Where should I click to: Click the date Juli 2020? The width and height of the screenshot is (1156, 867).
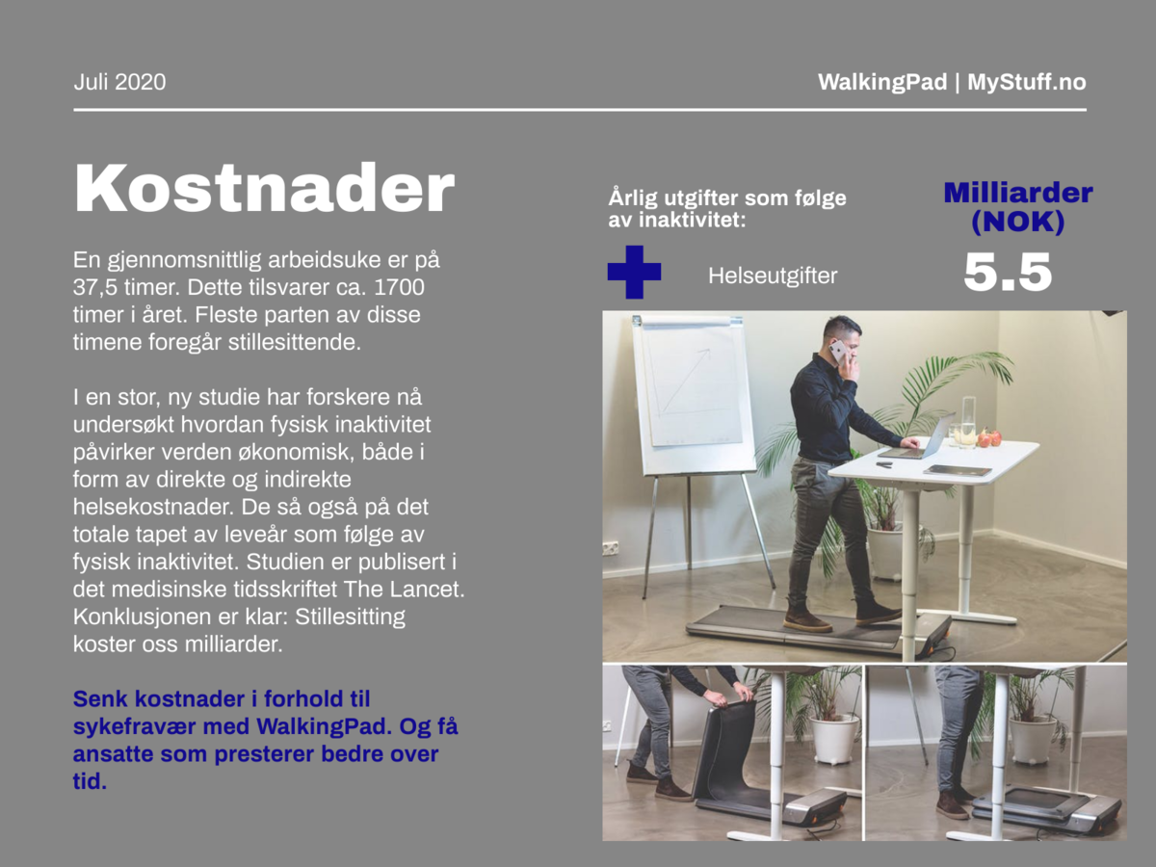click(x=119, y=82)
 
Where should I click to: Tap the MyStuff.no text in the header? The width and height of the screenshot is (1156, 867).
click(x=1027, y=82)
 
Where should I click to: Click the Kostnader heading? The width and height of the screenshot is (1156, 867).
click(x=264, y=188)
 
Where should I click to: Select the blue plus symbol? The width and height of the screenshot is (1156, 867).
click(x=634, y=273)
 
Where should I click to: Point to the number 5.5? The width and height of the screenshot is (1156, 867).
click(x=1008, y=273)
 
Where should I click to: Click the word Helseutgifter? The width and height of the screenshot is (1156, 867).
click(x=773, y=276)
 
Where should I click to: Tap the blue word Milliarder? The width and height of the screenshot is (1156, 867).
click(x=1018, y=193)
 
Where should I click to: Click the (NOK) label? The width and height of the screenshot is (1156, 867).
click(x=1017, y=222)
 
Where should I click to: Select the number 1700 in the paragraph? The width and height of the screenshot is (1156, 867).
click(x=399, y=287)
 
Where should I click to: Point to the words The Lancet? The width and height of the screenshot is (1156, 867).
click(x=404, y=589)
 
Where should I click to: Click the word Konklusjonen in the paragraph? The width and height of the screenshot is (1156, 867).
click(x=142, y=617)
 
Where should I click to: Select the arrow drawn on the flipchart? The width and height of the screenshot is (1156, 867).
click(x=686, y=381)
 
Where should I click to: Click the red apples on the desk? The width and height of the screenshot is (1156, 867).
click(x=989, y=438)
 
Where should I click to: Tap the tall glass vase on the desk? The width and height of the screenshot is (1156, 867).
click(x=968, y=421)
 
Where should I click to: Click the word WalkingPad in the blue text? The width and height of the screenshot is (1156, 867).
click(x=325, y=726)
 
